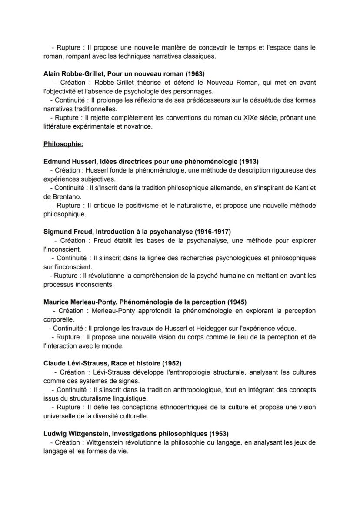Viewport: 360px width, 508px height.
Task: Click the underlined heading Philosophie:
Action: click(x=63, y=144)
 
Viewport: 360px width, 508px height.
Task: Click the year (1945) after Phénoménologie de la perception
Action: click(x=238, y=302)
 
